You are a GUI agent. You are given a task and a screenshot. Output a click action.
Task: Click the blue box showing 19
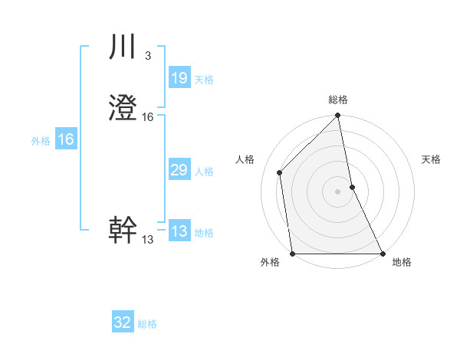[x=179, y=78]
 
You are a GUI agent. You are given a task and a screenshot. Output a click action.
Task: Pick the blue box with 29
[x=179, y=170]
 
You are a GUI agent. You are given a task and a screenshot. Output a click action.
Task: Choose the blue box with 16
[x=65, y=139]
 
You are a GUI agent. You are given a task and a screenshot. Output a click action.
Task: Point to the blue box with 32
[x=123, y=322]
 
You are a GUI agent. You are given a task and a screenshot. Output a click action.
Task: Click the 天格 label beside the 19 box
[x=204, y=80]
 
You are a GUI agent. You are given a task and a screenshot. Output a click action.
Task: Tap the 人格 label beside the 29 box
[x=204, y=172]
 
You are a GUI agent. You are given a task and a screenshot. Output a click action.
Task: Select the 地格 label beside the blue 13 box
[x=204, y=233]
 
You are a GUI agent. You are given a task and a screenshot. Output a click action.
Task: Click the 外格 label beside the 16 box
[x=41, y=141]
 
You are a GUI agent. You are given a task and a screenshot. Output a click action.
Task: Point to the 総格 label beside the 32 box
[x=147, y=324]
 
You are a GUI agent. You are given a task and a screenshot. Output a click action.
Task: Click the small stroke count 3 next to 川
[x=147, y=56]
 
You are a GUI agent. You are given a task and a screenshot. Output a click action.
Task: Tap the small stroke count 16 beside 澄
[x=148, y=117]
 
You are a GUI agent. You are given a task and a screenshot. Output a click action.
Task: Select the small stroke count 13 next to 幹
[x=148, y=240]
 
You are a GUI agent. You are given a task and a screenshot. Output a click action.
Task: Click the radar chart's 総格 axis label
[x=338, y=100]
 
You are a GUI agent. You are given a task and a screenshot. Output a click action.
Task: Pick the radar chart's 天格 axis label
[x=432, y=159]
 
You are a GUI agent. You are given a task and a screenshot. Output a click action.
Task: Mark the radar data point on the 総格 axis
[x=338, y=116]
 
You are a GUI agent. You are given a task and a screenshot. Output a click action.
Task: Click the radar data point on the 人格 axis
[x=280, y=172]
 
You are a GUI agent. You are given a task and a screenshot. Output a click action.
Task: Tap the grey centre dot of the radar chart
[x=338, y=191]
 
